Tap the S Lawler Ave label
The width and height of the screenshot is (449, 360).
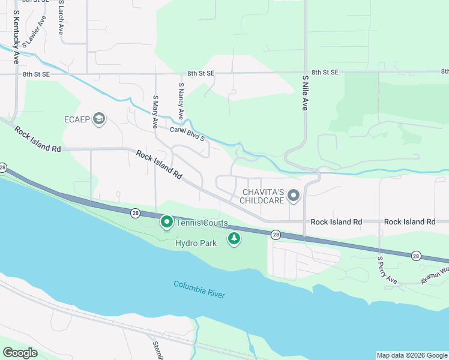tap(34, 31)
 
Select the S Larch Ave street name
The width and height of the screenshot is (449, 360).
tap(61, 18)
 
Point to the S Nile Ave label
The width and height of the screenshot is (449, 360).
tap(305, 92)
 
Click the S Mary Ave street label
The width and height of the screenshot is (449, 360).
tap(155, 112)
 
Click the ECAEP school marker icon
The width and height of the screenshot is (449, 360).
tap(99, 119)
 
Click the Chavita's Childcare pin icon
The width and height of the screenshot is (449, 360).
tap(294, 196)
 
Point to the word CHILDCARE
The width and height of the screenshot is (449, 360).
tap(262, 200)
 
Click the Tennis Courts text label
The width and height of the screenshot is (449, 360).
tap(202, 223)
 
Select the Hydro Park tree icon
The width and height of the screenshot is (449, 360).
tap(234, 239)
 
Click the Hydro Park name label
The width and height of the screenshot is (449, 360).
tap(196, 244)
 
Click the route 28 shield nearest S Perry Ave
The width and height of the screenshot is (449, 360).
tap(416, 256)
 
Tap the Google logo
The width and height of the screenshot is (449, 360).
tap(20, 353)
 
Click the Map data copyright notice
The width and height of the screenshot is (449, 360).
tap(411, 355)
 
